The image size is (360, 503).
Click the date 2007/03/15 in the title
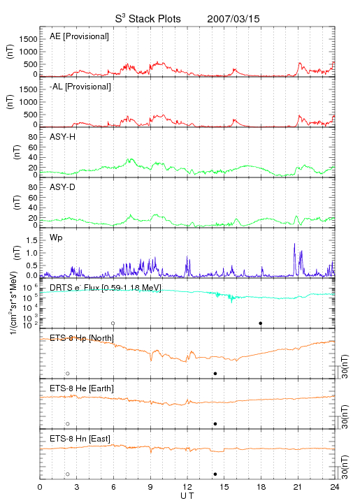click(x=233, y=19)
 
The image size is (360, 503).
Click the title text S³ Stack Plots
click(x=148, y=19)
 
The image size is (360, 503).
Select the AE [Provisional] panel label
click(x=79, y=36)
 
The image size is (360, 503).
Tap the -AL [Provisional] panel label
click(x=80, y=87)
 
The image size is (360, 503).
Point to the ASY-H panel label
click(x=63, y=137)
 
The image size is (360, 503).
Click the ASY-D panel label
click(x=63, y=187)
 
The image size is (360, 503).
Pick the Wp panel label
click(x=56, y=238)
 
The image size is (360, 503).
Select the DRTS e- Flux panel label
click(x=106, y=288)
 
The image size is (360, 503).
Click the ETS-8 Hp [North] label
click(x=82, y=338)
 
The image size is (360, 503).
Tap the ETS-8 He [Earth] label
click(x=82, y=388)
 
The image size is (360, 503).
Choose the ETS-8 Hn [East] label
click(x=80, y=439)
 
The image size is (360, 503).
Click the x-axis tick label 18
click(x=261, y=487)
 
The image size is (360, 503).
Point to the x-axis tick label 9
click(x=150, y=487)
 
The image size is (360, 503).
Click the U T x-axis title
click(x=187, y=496)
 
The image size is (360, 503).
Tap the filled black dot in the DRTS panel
click(x=261, y=323)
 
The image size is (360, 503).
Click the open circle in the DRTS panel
click(x=113, y=323)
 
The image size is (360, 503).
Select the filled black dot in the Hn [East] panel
click(x=215, y=474)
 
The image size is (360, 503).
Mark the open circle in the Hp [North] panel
click(x=68, y=374)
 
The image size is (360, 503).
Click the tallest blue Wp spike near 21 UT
click(x=294, y=244)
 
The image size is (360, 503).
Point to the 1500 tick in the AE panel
click(x=28, y=39)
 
